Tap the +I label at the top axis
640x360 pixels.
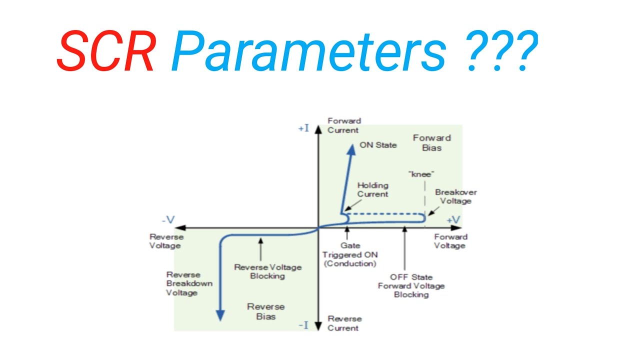click(x=303, y=128)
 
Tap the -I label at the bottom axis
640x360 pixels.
click(x=303, y=325)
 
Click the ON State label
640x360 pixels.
click(x=378, y=145)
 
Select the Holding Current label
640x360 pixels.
click(x=372, y=190)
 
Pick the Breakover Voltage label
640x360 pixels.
click(x=455, y=196)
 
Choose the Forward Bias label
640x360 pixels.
click(x=431, y=142)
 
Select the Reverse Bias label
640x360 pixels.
click(x=265, y=311)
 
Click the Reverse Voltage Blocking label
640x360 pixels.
click(x=267, y=271)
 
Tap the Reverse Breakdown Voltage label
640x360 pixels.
click(x=189, y=283)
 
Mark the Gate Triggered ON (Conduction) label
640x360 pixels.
click(x=349, y=254)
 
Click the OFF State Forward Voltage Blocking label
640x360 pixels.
click(x=411, y=286)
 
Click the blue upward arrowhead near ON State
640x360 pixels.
click(x=351, y=146)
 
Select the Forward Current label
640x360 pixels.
click(x=343, y=125)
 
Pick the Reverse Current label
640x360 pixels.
click(x=344, y=323)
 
